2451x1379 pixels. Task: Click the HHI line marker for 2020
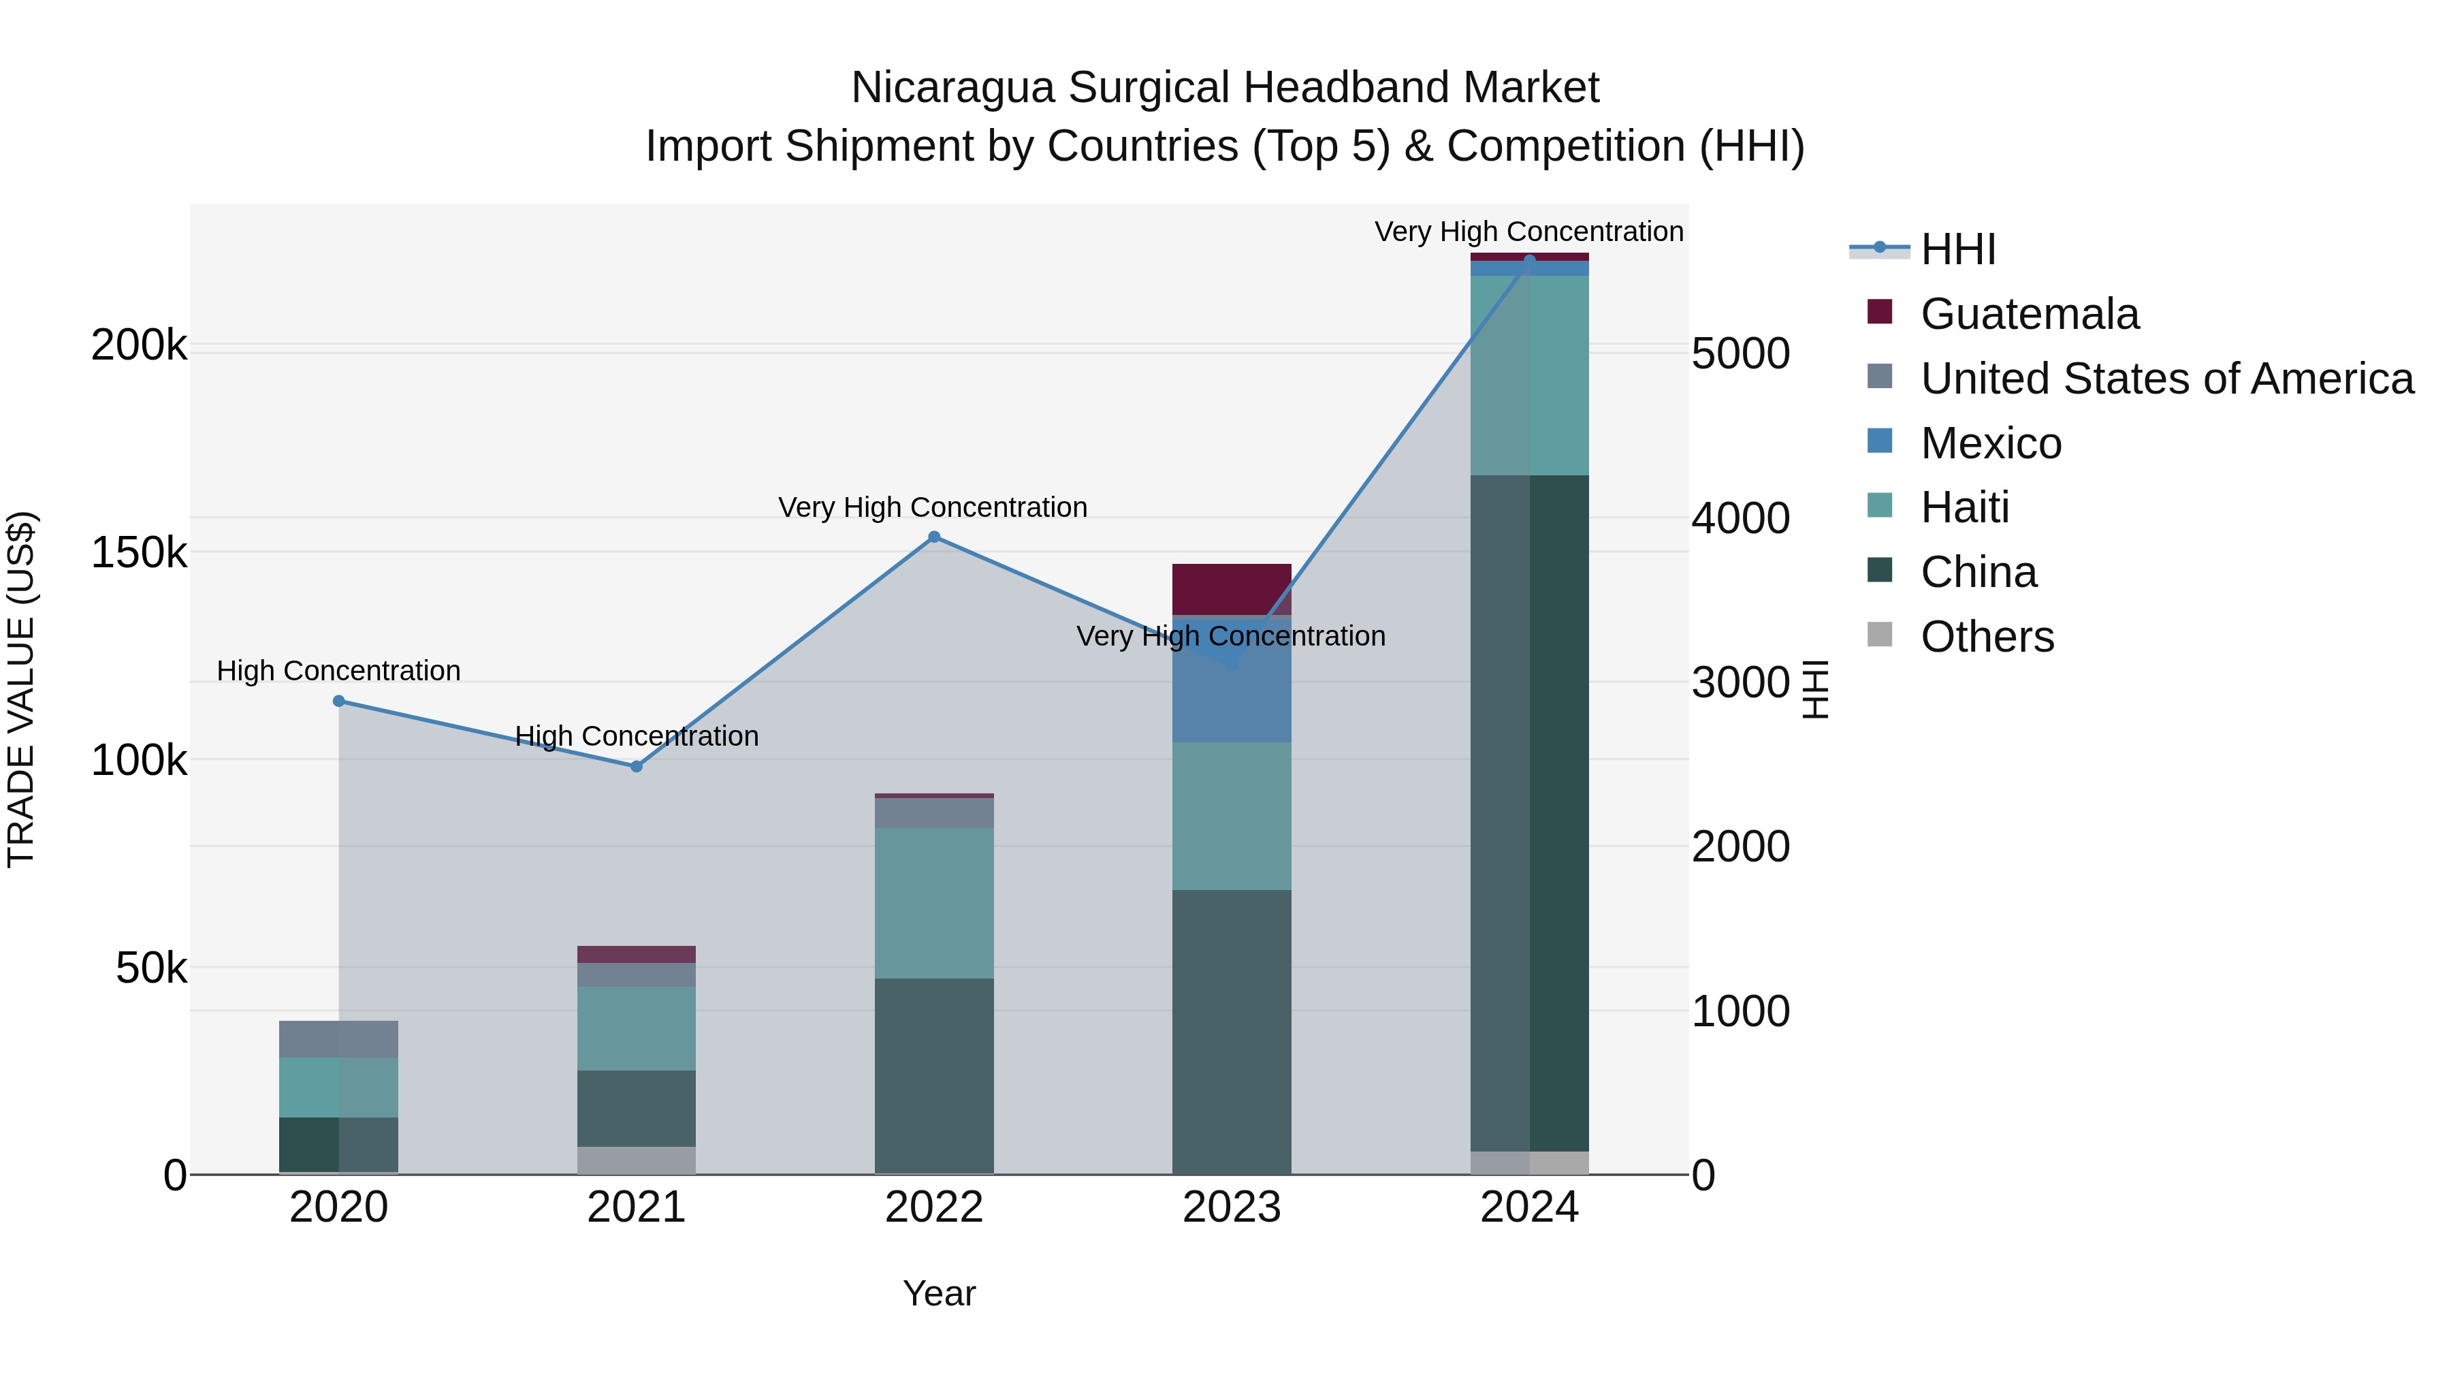[339, 701]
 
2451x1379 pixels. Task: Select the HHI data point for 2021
[637, 766]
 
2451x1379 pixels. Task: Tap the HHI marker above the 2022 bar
[934, 537]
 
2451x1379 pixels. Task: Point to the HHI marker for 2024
[1530, 260]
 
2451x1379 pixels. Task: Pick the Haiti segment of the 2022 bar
[934, 902]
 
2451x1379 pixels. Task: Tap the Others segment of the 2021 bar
[637, 1160]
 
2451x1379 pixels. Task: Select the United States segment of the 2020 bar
[339, 1039]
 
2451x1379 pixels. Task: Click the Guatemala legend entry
[2030, 314]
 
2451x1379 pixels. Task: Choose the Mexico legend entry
[1991, 443]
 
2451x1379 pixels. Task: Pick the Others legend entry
[1987, 637]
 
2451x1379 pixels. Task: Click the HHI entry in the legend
[1958, 249]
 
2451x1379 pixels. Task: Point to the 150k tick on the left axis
[139, 553]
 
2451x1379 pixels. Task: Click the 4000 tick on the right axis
[1741, 519]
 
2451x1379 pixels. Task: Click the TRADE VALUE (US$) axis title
[21, 689]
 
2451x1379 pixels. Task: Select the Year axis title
[939, 1293]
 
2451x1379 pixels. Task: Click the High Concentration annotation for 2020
[339, 671]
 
